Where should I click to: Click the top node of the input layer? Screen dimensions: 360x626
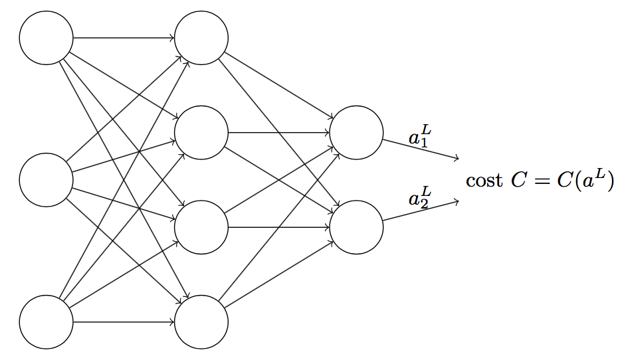click(46, 38)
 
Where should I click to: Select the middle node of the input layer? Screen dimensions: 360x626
click(46, 180)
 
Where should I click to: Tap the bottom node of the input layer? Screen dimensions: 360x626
click(46, 322)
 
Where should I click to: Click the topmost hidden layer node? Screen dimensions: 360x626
click(201, 38)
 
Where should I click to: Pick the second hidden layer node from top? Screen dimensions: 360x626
click(201, 132)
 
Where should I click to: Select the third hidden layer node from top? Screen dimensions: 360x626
click(201, 227)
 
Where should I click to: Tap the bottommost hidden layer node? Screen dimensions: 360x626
click(201, 322)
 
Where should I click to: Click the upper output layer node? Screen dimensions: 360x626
click(356, 132)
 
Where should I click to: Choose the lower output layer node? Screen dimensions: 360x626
click(356, 227)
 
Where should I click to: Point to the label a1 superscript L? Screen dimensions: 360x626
click(420, 137)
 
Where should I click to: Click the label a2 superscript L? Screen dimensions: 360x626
click(420, 198)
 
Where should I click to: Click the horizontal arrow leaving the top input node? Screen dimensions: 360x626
click(123, 38)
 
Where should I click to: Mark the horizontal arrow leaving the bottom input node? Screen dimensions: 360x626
click(123, 322)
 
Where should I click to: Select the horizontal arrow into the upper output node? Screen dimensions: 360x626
click(279, 132)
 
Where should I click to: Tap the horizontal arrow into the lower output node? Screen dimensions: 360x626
click(279, 227)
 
